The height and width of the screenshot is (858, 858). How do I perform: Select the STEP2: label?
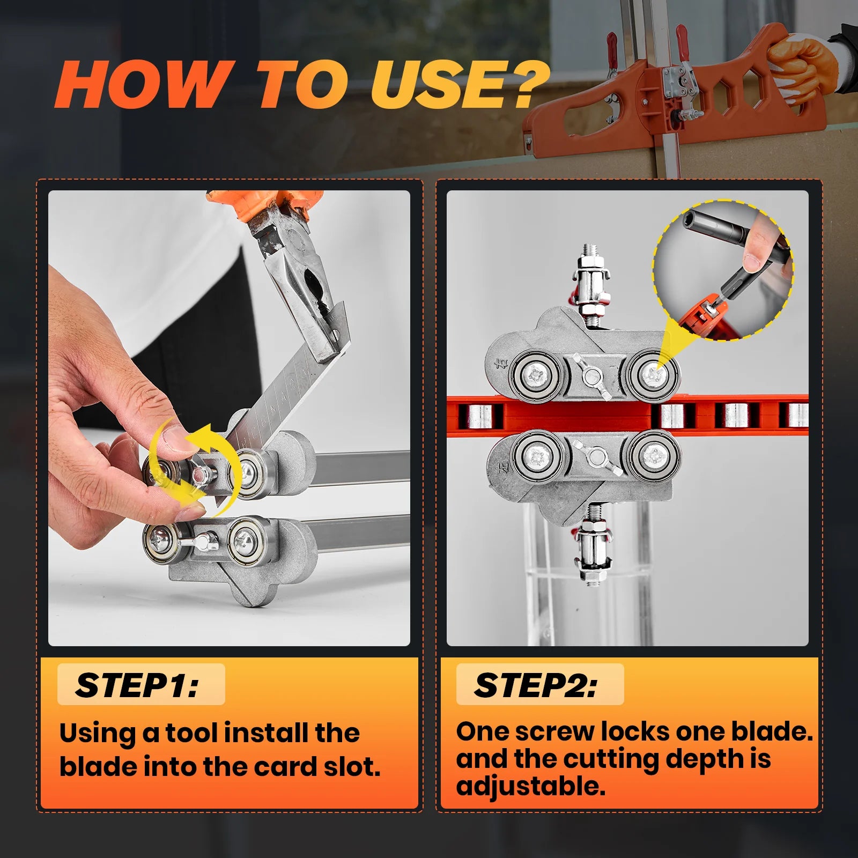click(x=535, y=685)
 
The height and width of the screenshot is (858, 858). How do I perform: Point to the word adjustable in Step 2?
click(x=530, y=786)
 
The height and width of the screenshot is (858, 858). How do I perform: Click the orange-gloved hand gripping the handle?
click(x=801, y=65)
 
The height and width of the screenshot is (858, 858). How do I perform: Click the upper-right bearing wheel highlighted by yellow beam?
click(x=652, y=375)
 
